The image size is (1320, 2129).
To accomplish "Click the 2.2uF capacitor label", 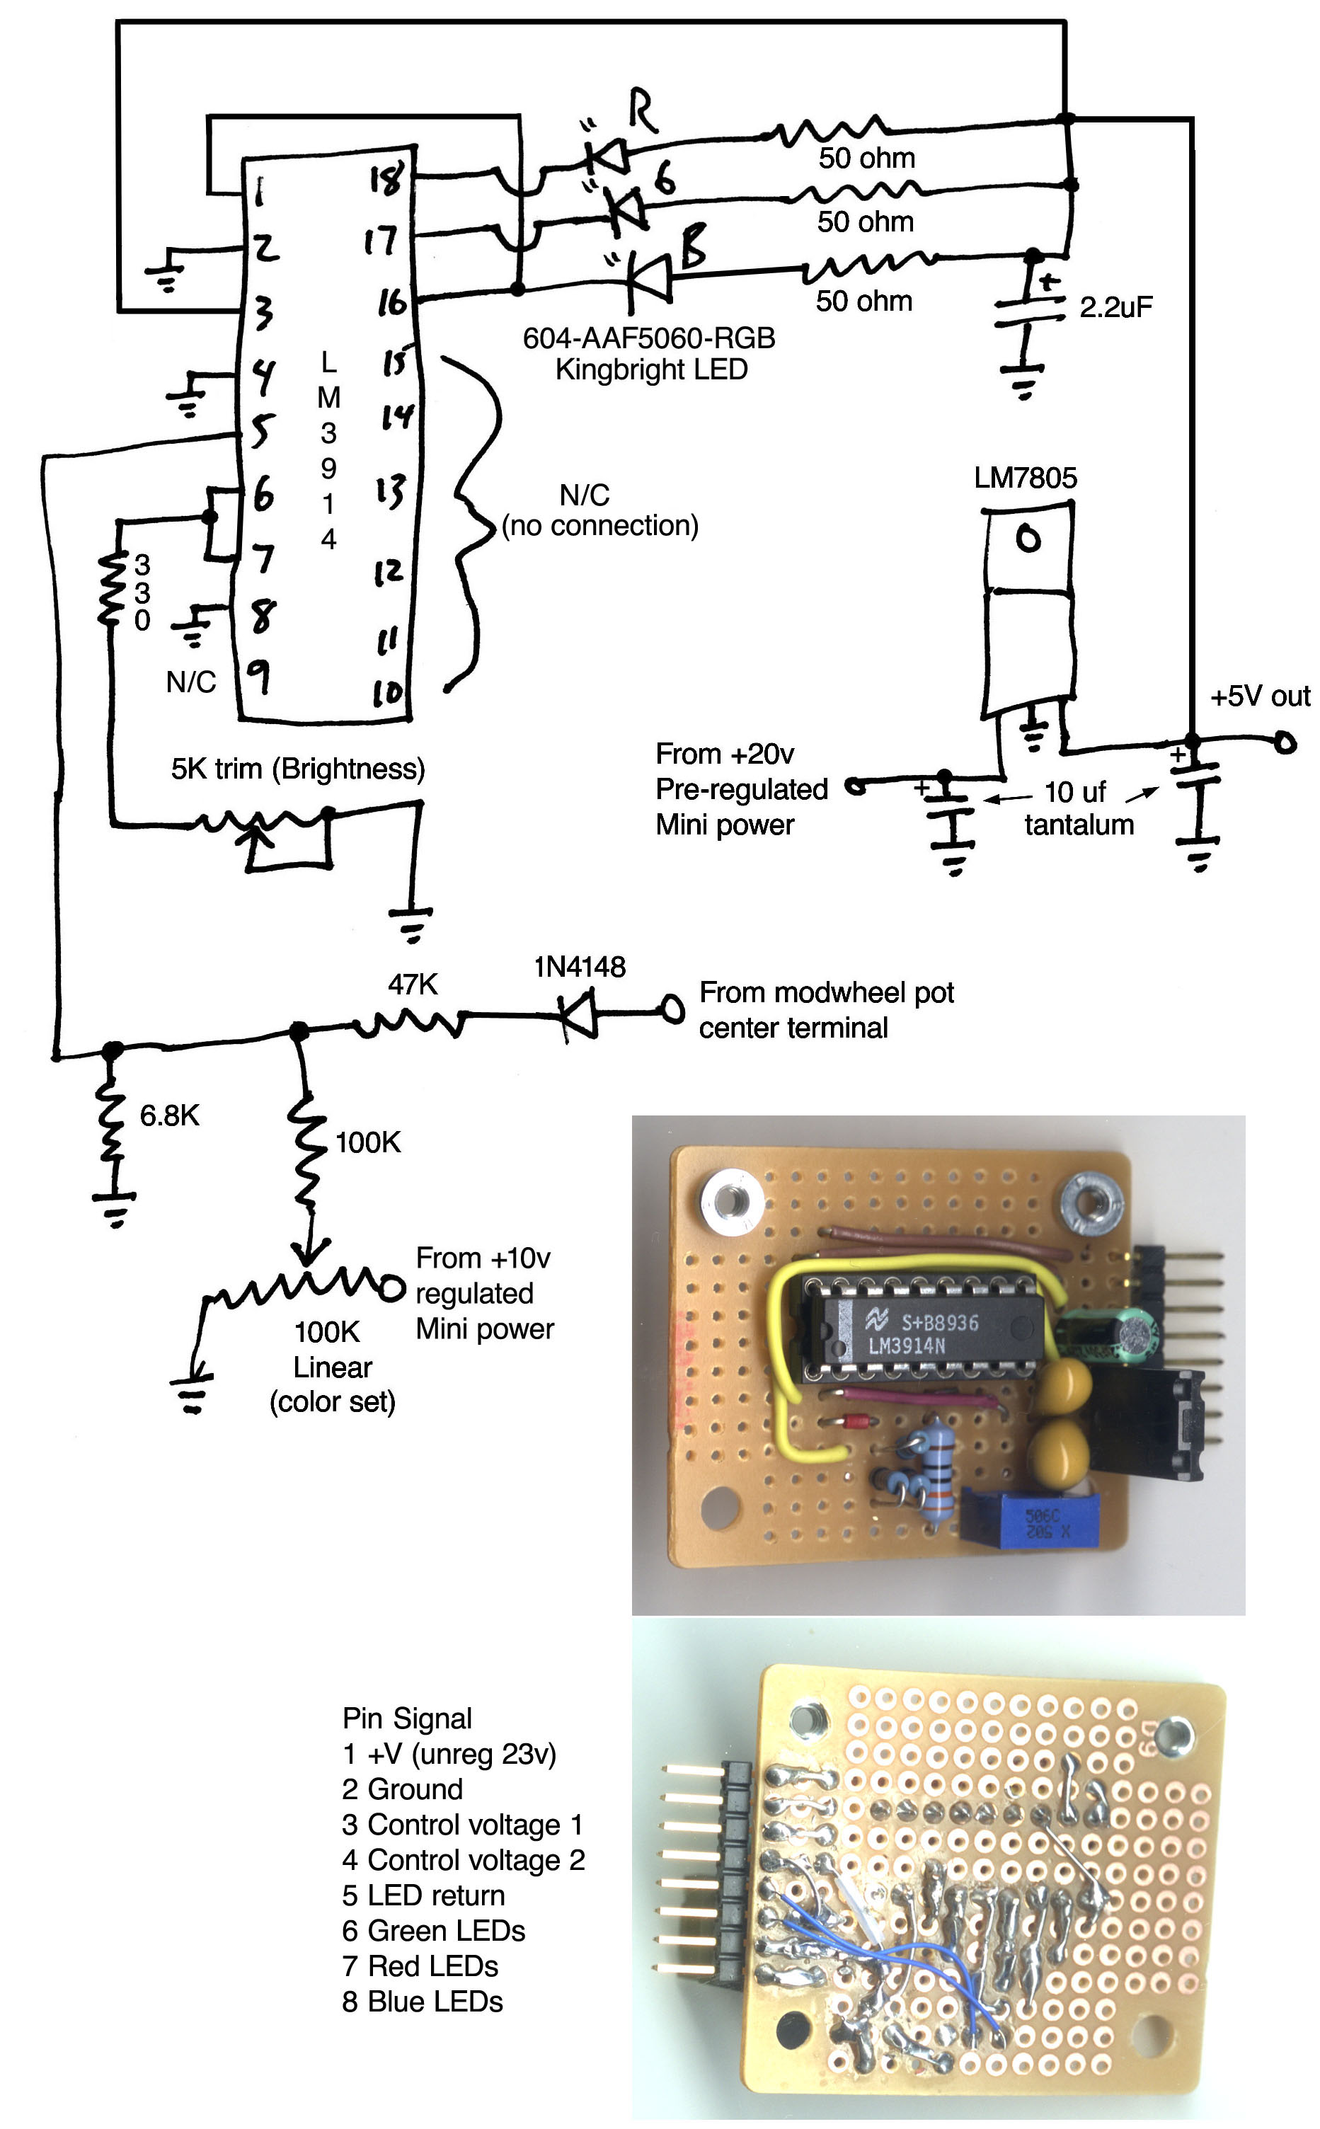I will tap(1115, 307).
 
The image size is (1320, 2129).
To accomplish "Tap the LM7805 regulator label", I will tap(1025, 478).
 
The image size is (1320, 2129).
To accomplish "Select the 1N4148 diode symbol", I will tap(578, 1014).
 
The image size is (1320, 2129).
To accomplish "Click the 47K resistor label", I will tap(412, 985).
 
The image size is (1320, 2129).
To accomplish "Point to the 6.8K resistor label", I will tap(169, 1115).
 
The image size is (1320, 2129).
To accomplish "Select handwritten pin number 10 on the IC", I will tap(388, 693).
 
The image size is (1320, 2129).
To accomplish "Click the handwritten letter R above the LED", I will tap(642, 111).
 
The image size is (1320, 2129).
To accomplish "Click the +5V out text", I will tap(1259, 696).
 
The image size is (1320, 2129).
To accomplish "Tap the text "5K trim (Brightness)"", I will tap(298, 769).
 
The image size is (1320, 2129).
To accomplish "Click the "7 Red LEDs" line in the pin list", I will tap(420, 1966).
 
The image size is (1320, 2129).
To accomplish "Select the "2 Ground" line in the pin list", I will tap(403, 1789).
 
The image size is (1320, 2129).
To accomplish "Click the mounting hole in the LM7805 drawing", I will tap(1028, 539).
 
